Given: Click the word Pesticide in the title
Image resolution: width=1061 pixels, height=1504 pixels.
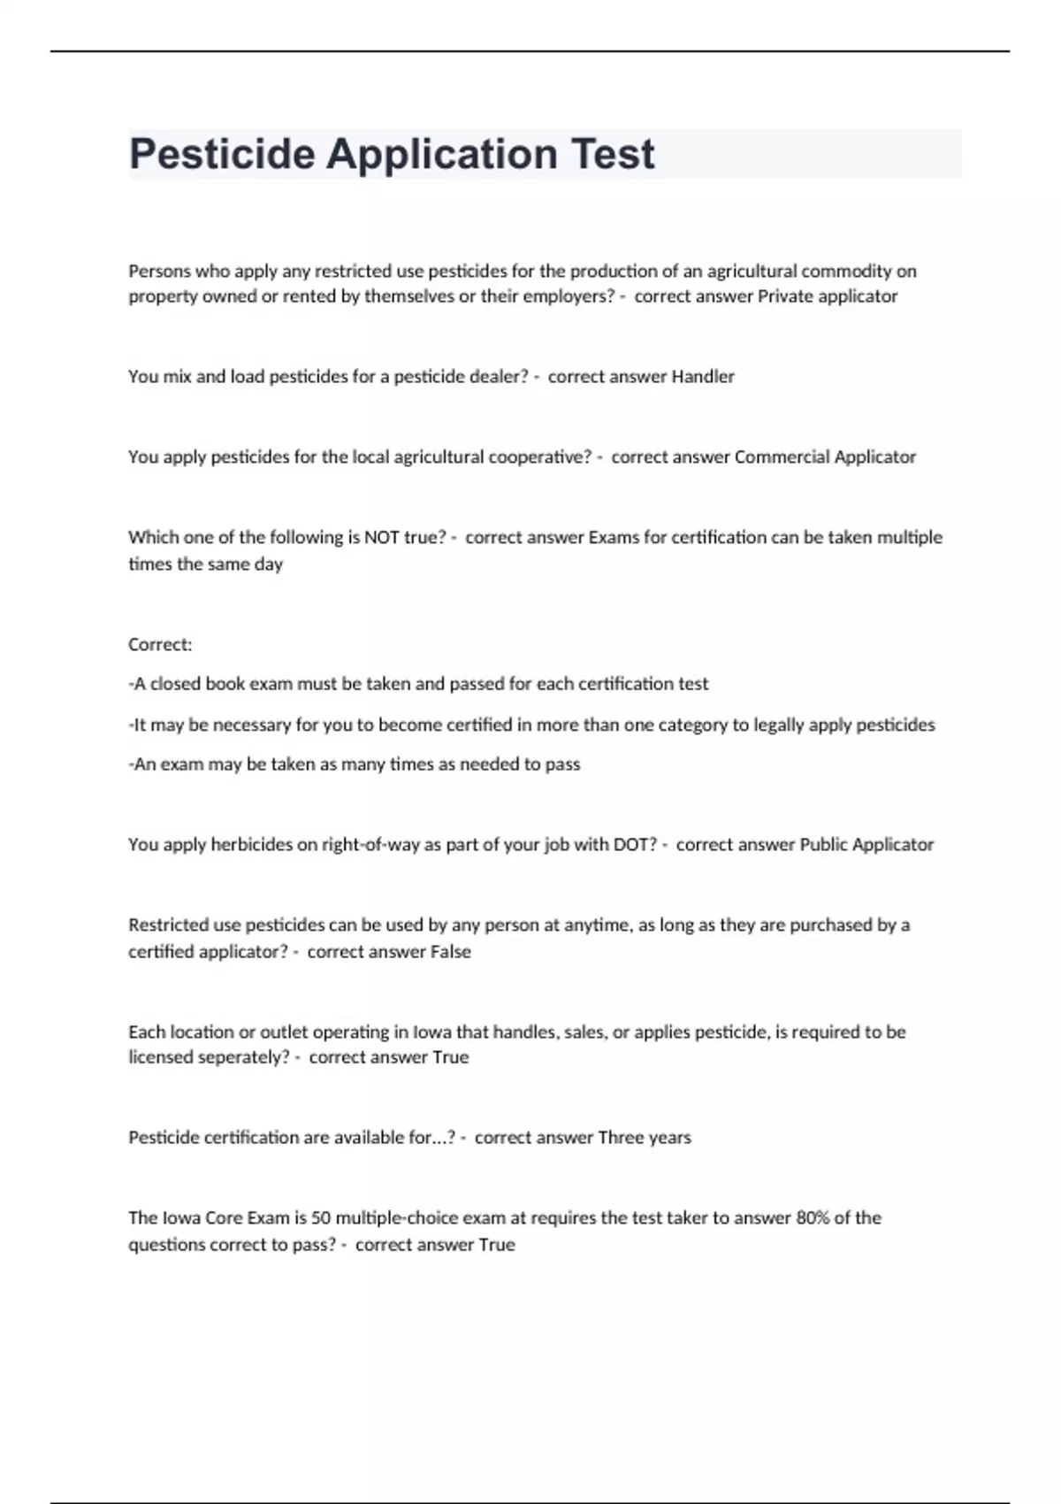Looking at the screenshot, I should (x=222, y=155).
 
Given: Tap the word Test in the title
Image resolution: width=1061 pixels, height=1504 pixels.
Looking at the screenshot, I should (x=613, y=155).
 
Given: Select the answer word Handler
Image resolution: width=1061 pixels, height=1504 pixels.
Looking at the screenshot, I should (x=703, y=377).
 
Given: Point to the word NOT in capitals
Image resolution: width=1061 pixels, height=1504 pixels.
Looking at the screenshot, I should (x=381, y=538).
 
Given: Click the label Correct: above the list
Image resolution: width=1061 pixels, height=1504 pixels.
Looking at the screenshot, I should (x=160, y=645).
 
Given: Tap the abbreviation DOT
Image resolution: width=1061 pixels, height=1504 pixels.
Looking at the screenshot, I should (x=636, y=845).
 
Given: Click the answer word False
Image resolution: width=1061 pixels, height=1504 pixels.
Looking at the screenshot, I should (x=450, y=952).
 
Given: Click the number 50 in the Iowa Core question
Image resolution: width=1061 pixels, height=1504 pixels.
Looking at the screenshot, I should (x=321, y=1218).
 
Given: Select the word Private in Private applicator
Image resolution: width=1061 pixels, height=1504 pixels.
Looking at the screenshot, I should (x=785, y=296).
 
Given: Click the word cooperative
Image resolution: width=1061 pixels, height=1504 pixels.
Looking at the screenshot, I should (x=539, y=457).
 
